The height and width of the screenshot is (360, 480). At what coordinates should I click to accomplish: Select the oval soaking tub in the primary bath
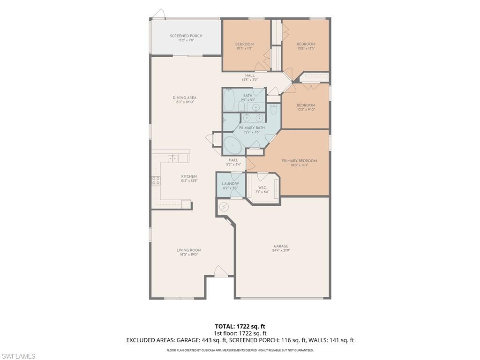point(233,146)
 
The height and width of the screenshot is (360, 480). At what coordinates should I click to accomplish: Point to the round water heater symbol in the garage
point(224,206)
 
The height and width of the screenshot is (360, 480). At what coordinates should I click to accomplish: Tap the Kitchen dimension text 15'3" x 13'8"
point(189,181)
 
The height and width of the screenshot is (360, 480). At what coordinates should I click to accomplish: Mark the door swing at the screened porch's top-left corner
point(160,13)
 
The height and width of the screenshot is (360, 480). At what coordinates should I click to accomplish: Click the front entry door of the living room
point(220,271)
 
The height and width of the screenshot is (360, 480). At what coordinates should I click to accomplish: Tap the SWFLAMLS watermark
point(18,356)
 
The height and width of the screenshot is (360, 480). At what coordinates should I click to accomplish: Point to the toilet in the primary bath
point(274,109)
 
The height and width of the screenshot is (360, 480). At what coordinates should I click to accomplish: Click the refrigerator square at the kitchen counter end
point(186,204)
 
